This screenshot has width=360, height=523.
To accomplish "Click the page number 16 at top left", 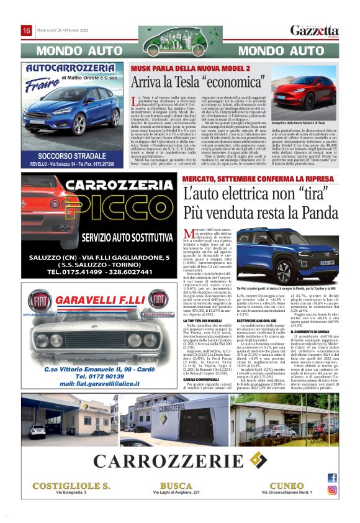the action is tap(27, 31).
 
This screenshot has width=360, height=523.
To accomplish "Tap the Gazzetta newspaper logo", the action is tap(315, 30).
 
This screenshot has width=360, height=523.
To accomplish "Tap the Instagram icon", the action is tap(332, 489).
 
